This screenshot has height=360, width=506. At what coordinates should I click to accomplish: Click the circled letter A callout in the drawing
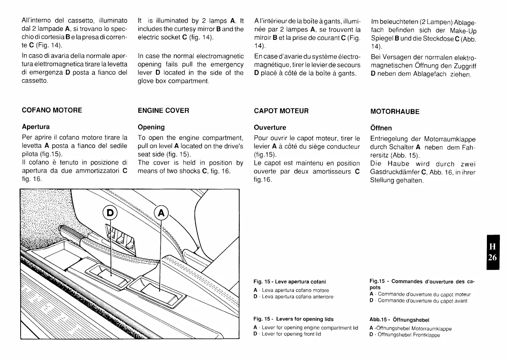pyautogui.click(x=161, y=213)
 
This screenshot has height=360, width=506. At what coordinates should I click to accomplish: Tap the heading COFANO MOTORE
pyautogui.click(x=52, y=110)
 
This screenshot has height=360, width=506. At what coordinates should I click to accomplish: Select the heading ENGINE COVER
pyautogui.click(x=163, y=110)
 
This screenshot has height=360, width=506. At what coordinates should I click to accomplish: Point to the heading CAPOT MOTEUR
pyautogui.click(x=281, y=111)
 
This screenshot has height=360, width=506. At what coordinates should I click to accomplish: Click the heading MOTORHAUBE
pyautogui.click(x=395, y=111)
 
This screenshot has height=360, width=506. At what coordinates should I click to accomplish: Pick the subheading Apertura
pyautogui.click(x=36, y=127)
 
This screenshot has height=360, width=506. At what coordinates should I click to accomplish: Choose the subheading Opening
pyautogui.click(x=151, y=127)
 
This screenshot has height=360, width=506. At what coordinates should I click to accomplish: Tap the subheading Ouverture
pyautogui.click(x=270, y=127)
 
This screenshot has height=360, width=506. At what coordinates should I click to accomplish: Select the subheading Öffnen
pyautogui.click(x=381, y=128)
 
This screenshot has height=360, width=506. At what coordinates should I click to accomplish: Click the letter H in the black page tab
pyautogui.click(x=493, y=246)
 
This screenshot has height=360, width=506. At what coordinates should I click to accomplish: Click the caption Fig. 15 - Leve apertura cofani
pyautogui.click(x=289, y=282)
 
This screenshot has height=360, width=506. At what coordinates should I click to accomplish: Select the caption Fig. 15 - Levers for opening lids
pyautogui.click(x=293, y=319)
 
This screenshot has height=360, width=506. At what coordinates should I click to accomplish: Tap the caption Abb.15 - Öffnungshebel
pyautogui.click(x=399, y=320)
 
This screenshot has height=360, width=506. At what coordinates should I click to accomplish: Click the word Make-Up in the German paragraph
pyautogui.click(x=463, y=30)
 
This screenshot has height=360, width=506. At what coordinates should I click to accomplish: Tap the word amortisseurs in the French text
pyautogui.click(x=331, y=171)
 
